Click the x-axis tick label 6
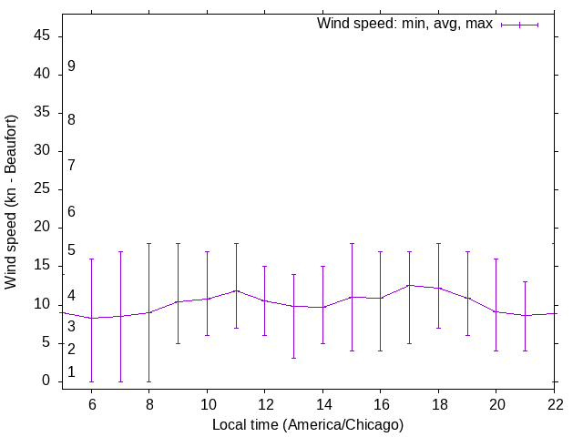(x=91, y=403)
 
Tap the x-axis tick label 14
(x=322, y=403)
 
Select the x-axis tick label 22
(x=554, y=403)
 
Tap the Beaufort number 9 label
(x=71, y=66)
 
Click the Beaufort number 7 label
(x=71, y=165)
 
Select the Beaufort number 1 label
(x=71, y=371)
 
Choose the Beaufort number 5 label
(x=71, y=250)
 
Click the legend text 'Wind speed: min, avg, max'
(x=404, y=24)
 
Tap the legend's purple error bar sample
(x=520, y=25)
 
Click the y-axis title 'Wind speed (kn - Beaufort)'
(x=12, y=202)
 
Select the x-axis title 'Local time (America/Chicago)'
(x=308, y=424)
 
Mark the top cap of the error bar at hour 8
(x=149, y=244)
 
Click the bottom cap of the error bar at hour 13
(x=293, y=358)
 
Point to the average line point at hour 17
(x=409, y=285)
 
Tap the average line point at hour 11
(x=236, y=290)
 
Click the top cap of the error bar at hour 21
(x=525, y=282)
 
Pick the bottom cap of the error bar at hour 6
(x=91, y=381)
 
